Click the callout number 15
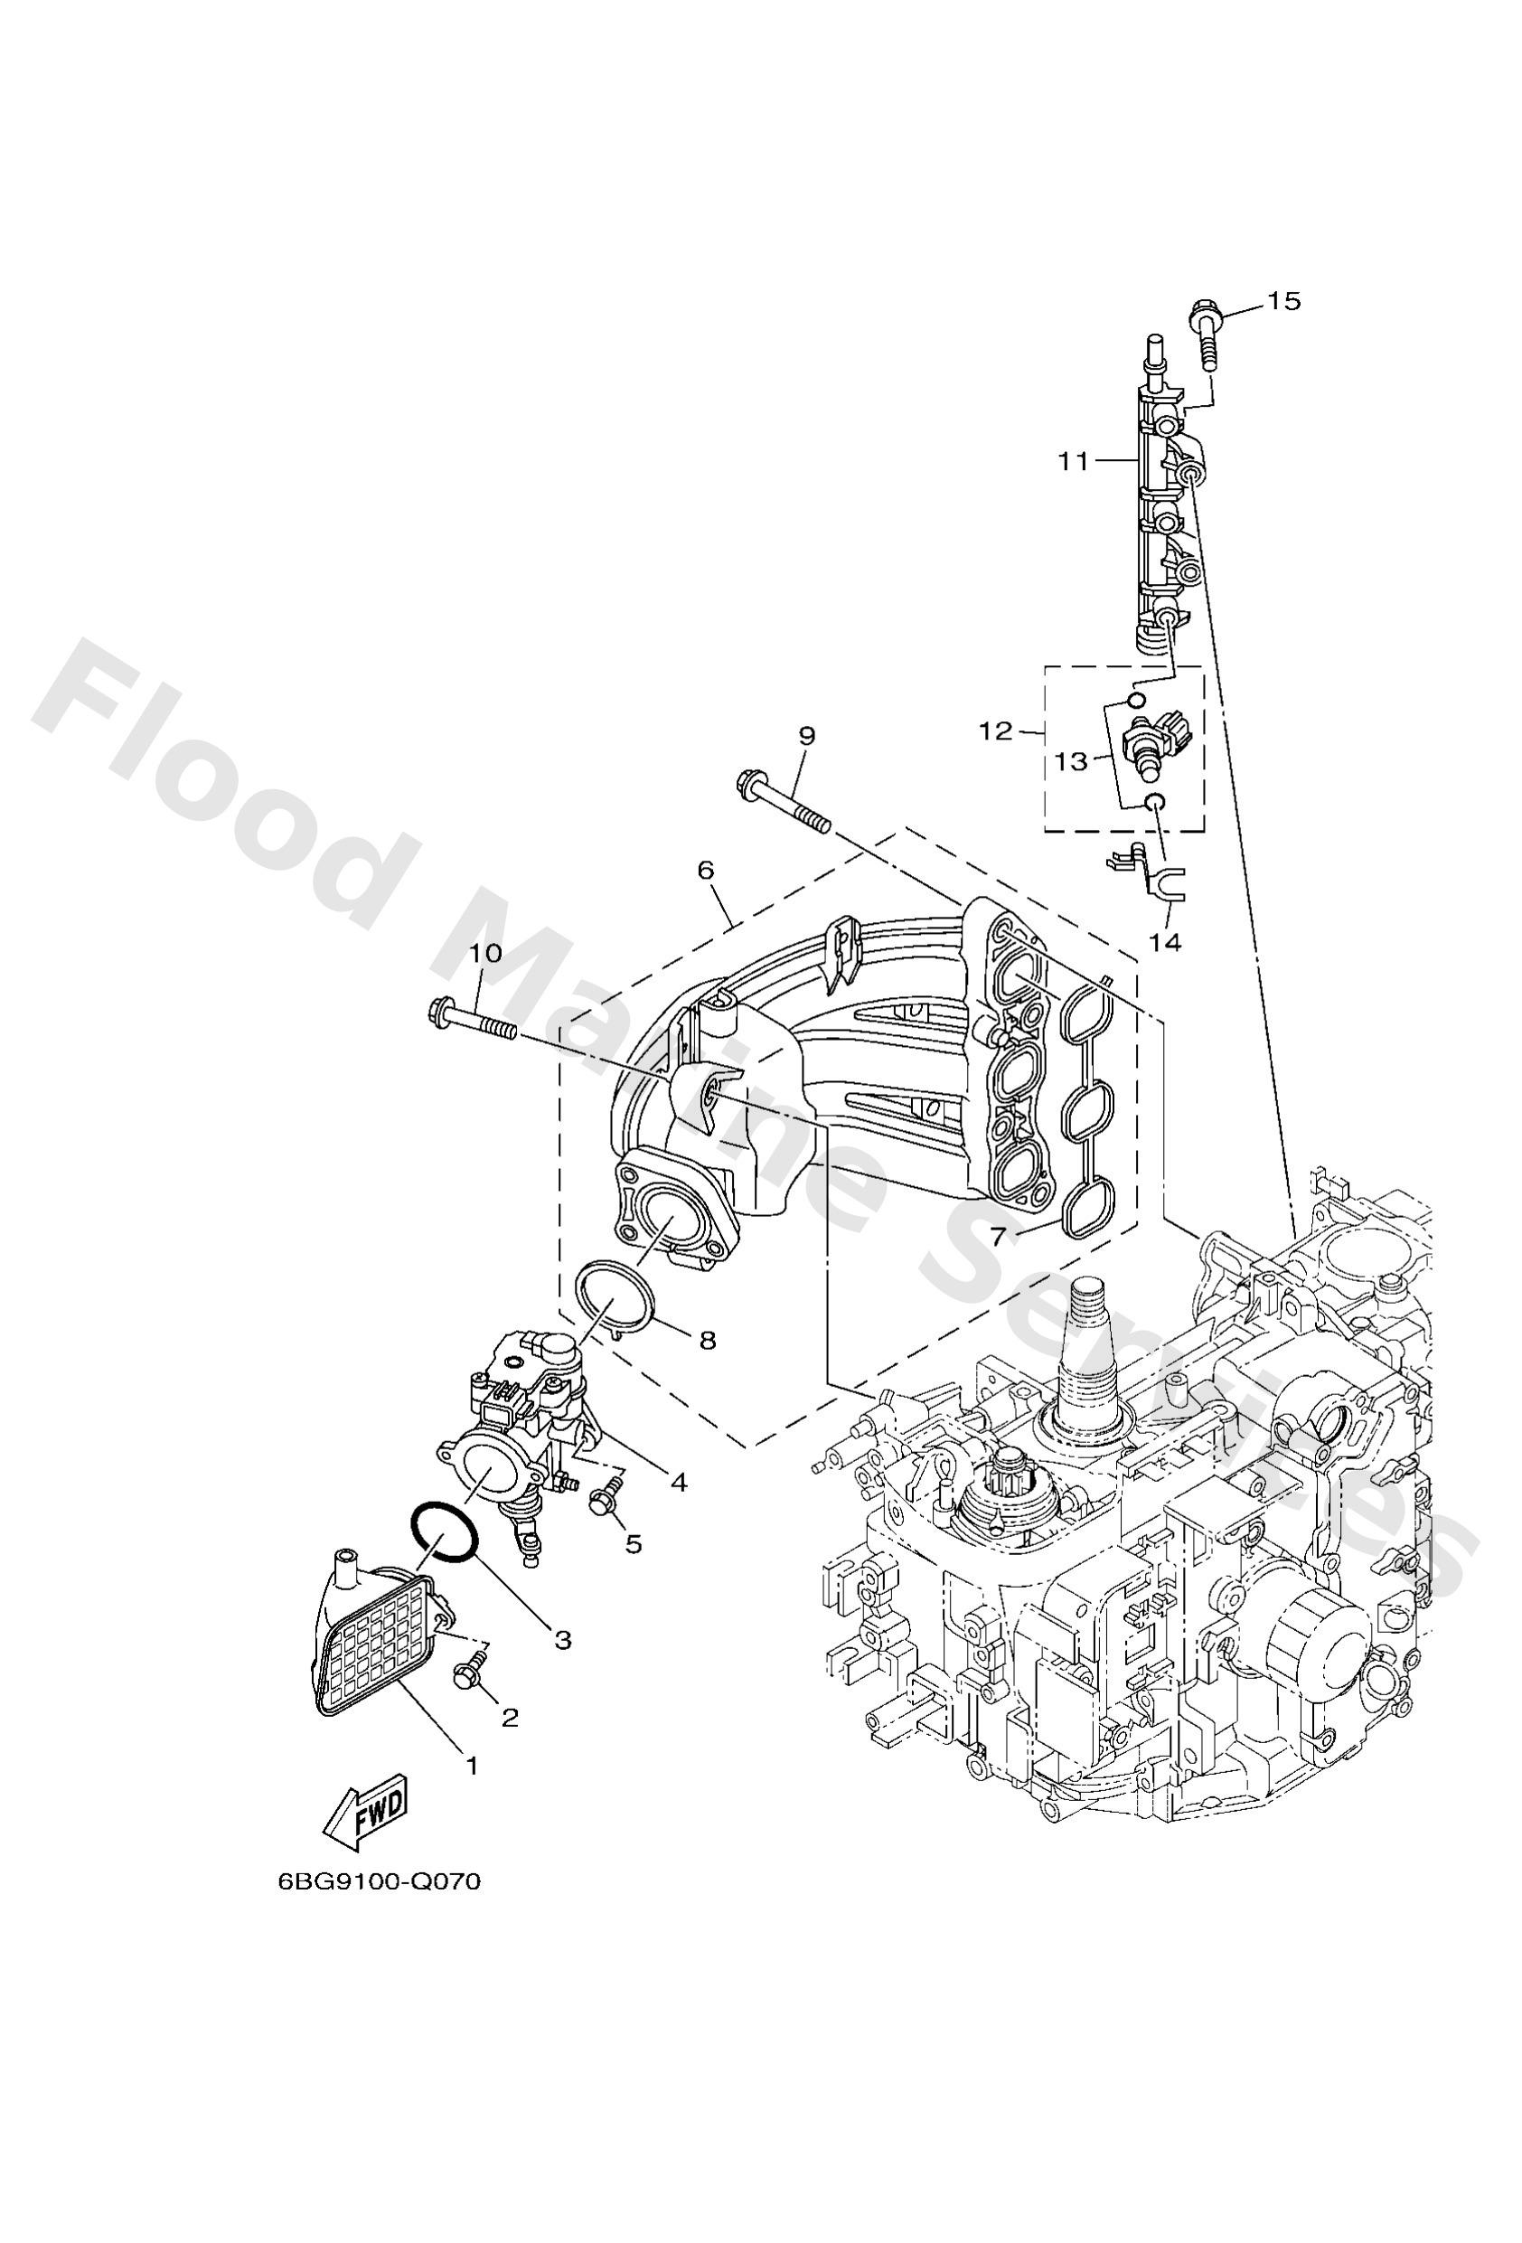1282,301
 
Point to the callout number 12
995,731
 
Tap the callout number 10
486,954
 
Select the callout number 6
706,871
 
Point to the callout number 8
708,1341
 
